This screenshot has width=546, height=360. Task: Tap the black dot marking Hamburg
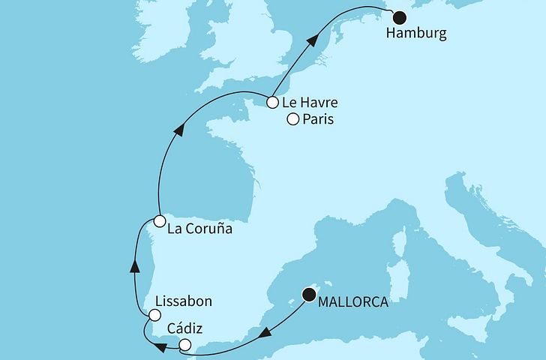(399, 17)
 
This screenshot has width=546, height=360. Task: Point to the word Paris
(318, 120)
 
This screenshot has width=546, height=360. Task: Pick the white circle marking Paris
(293, 118)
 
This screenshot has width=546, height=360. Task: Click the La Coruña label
(199, 229)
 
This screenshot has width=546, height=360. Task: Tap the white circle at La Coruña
(159, 221)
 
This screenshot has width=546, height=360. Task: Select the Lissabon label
(183, 301)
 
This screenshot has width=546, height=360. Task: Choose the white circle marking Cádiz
(185, 345)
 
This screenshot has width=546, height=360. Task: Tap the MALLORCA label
(352, 302)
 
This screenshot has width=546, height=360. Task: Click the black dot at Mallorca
(308, 295)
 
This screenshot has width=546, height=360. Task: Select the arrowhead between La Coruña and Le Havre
(178, 130)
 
